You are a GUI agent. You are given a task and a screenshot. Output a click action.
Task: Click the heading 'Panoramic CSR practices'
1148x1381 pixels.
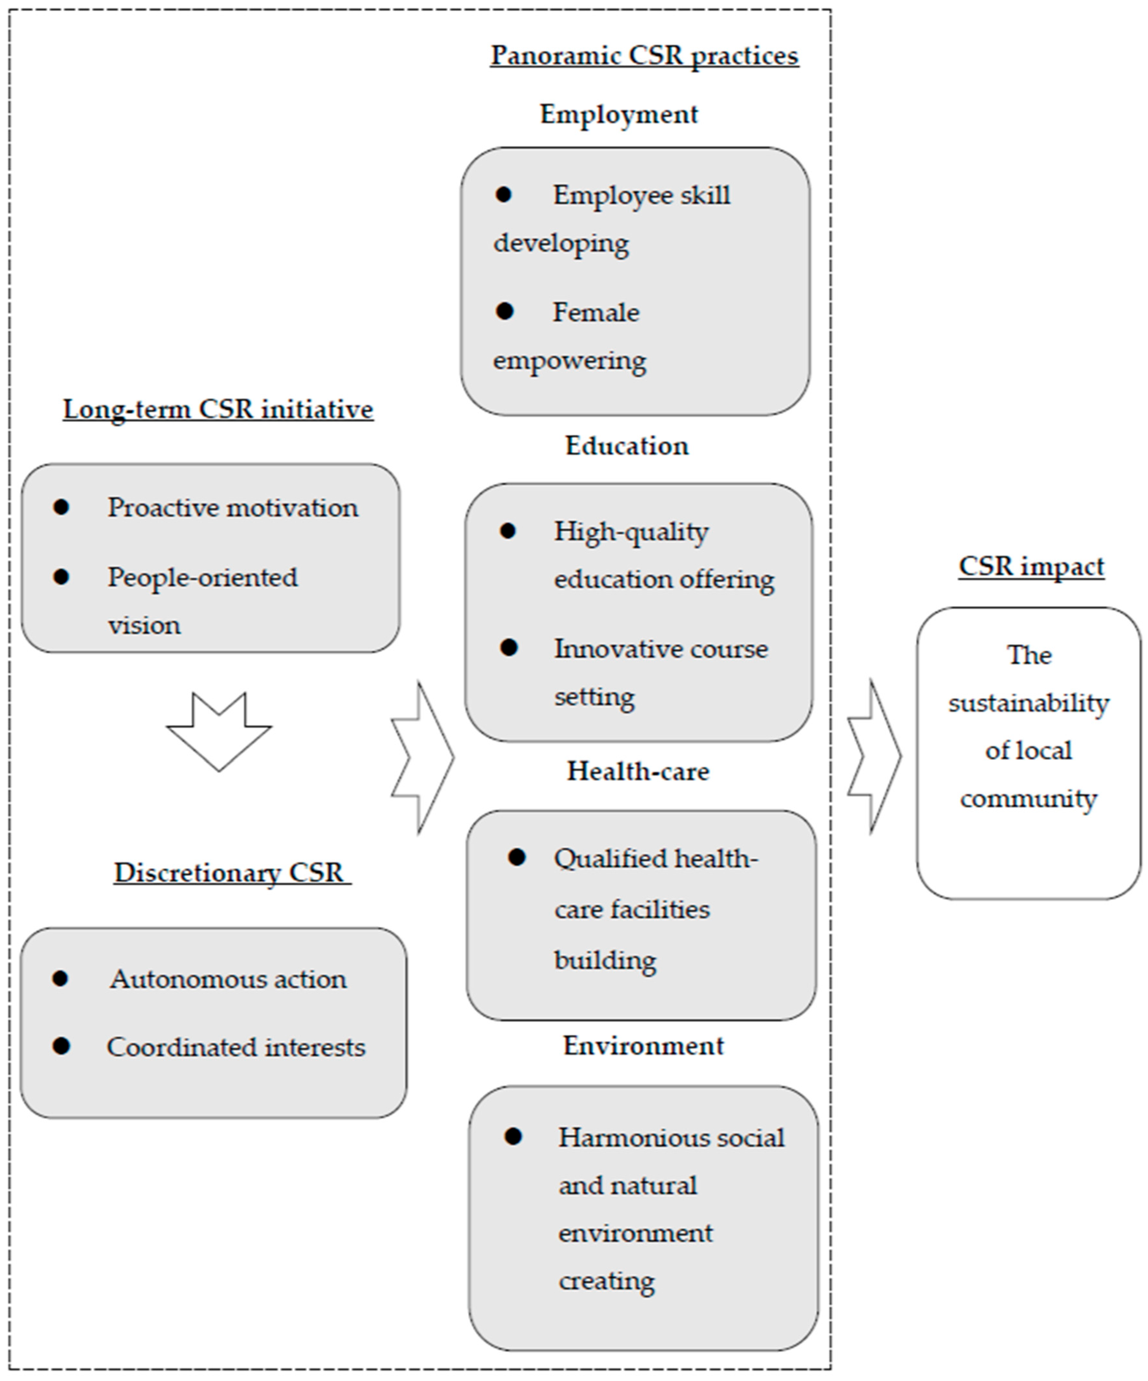pos(644,56)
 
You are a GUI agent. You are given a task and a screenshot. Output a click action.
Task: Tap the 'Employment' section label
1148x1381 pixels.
pos(619,115)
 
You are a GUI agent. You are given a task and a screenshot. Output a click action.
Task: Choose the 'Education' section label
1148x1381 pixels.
pos(626,446)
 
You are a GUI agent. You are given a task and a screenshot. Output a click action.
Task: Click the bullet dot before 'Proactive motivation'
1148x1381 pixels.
pos(61,507)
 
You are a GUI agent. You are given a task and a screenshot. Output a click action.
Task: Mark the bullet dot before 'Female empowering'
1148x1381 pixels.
pos(505,312)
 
